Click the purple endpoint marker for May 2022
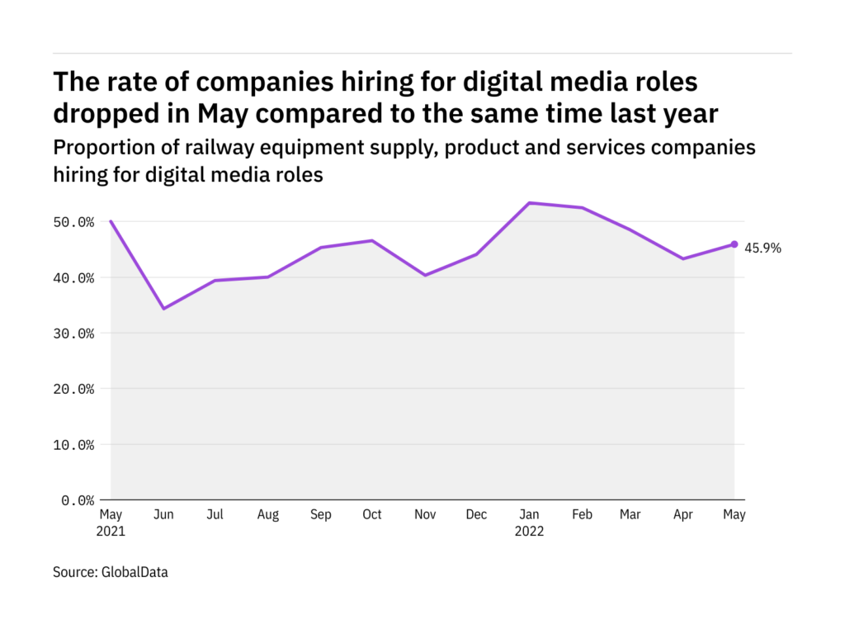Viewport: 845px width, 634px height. [734, 244]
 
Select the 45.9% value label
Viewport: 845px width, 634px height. [762, 247]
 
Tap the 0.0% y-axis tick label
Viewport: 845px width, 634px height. [78, 500]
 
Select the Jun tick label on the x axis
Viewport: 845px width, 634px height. [163, 514]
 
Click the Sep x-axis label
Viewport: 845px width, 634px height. [320, 514]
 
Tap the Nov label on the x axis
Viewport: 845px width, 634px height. [424, 514]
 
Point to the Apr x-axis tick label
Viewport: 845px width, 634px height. [682, 514]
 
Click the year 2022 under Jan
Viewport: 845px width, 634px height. [529, 532]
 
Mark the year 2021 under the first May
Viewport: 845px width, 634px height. [111, 532]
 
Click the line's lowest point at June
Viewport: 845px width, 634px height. [163, 309]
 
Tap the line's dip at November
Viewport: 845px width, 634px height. [424, 275]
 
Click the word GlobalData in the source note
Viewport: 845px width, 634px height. [135, 571]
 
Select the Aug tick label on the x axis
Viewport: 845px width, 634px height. [267, 514]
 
